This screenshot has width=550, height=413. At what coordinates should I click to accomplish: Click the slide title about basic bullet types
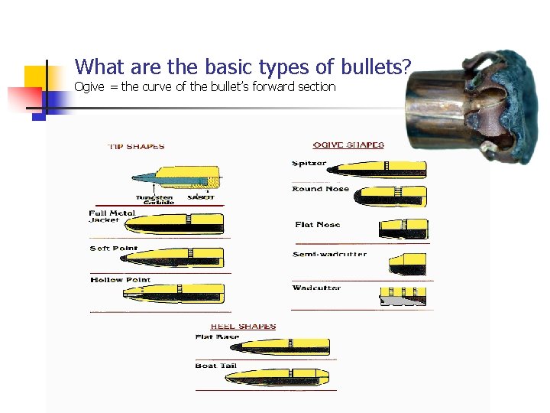click(243, 67)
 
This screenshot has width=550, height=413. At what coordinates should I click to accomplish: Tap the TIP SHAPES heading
click(136, 147)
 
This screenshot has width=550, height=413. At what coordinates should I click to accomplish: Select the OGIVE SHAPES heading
click(348, 145)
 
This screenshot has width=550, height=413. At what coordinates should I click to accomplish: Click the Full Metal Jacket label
click(112, 216)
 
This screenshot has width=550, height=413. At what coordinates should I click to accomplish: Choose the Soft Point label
click(114, 249)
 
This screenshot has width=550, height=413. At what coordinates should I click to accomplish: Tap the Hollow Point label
click(120, 281)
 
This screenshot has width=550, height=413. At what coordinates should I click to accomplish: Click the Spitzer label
click(309, 163)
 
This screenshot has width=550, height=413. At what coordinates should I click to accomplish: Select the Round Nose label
click(320, 189)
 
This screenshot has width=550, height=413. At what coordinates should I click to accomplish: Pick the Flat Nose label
click(317, 225)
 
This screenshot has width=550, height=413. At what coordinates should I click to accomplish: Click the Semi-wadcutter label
click(329, 255)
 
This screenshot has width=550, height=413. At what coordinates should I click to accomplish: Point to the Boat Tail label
click(216, 366)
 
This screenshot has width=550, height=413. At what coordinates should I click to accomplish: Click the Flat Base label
click(217, 337)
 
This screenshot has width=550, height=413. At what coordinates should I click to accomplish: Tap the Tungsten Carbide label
click(155, 199)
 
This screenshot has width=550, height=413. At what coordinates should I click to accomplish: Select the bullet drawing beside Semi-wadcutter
click(407, 262)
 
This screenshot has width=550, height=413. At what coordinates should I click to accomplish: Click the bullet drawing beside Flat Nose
click(403, 228)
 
